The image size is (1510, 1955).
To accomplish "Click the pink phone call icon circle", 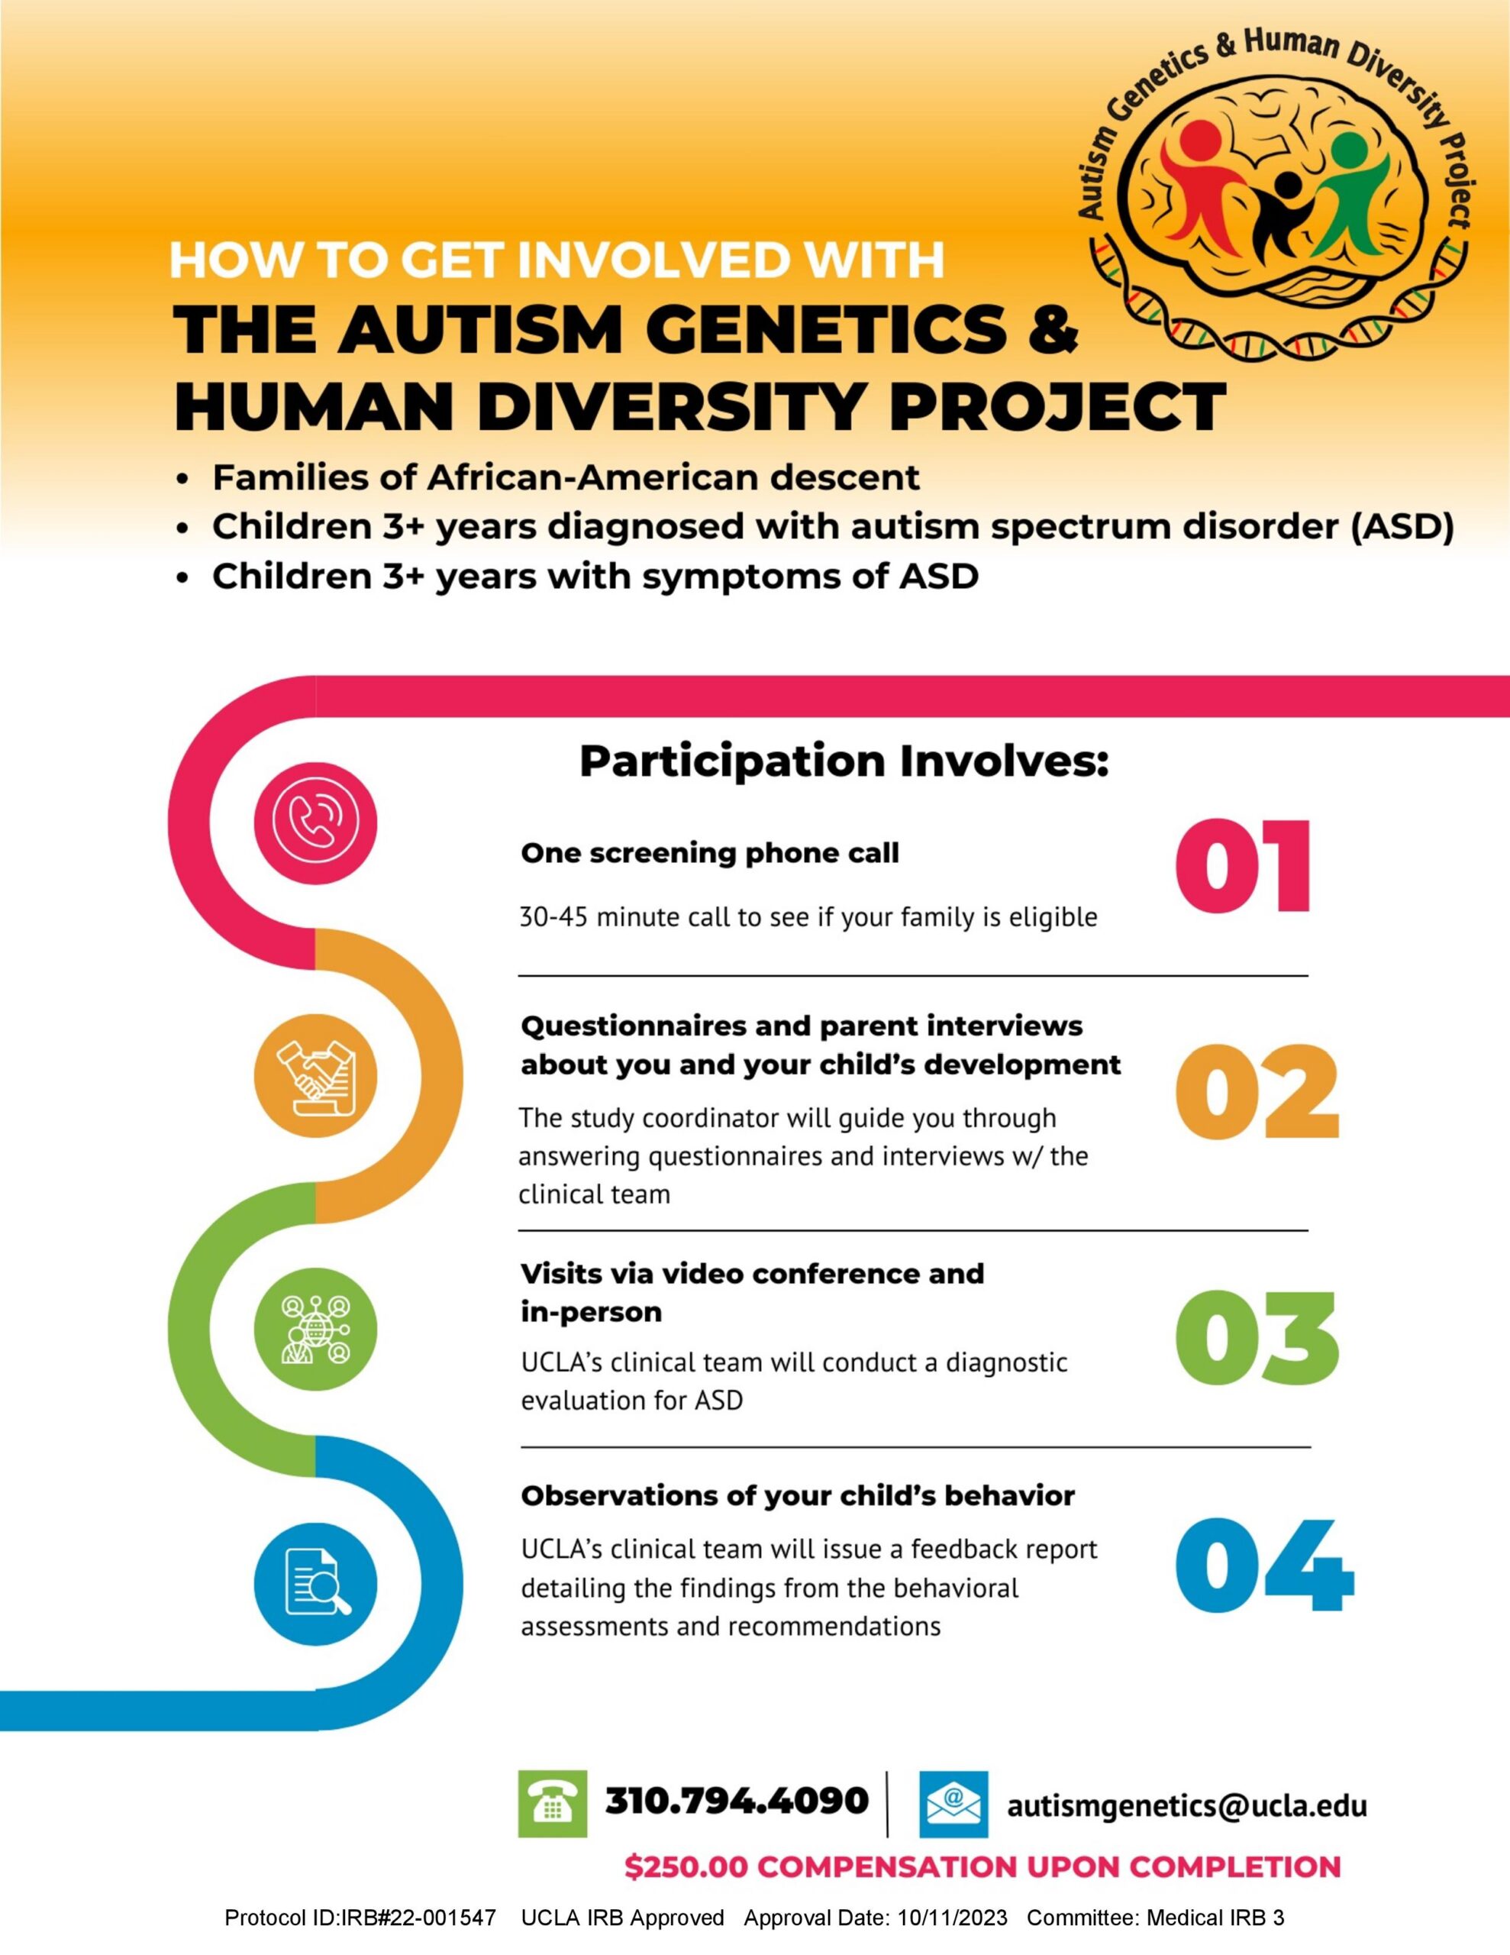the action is point(315,821).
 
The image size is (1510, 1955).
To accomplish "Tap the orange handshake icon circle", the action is point(315,1075).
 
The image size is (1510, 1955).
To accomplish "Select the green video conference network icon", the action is point(315,1328).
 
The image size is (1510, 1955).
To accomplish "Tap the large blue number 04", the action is point(1265,1566).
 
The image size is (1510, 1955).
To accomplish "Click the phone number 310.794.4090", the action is point(737,1801).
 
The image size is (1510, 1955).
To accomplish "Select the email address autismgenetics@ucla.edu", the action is point(1187,1805).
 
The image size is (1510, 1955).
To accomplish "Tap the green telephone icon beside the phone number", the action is point(552,1804).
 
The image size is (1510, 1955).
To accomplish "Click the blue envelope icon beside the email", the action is point(954,1804).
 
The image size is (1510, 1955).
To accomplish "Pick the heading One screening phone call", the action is point(710,853).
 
